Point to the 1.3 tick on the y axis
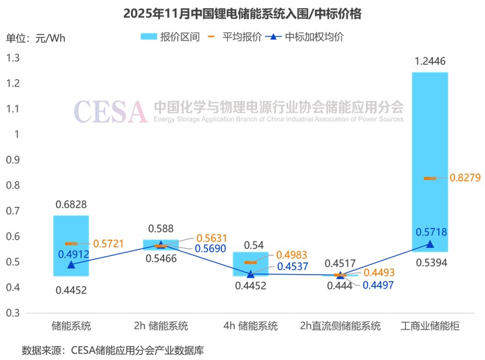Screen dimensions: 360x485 [x=12, y=58]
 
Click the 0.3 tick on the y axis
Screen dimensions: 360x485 [x=12, y=313]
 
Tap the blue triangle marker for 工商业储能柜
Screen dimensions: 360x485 [x=430, y=244]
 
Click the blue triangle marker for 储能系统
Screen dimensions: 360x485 [x=71, y=265]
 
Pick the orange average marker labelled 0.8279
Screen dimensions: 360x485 [x=430, y=178]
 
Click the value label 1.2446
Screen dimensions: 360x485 [x=430, y=61]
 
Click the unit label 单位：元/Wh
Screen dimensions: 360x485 [x=36, y=39]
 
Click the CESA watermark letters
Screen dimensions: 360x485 [x=110, y=111]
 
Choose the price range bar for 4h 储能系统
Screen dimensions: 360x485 [x=251, y=264]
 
